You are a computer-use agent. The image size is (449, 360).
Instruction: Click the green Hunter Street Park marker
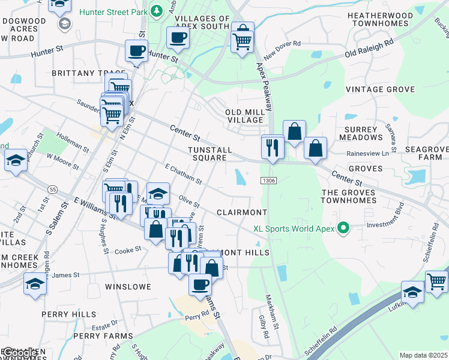click(157, 11)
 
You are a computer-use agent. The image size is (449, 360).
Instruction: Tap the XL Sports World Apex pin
click(343, 228)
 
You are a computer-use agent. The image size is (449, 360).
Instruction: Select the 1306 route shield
click(268, 180)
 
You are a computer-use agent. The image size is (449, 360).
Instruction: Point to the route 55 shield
click(53, 190)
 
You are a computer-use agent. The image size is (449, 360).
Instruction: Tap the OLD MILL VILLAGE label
click(244, 116)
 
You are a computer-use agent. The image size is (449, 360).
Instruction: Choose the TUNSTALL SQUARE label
click(207, 153)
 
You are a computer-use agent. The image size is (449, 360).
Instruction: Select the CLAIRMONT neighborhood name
click(241, 212)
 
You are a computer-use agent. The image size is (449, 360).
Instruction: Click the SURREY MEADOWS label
click(361, 133)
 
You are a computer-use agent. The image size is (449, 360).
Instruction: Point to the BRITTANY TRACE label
click(82, 73)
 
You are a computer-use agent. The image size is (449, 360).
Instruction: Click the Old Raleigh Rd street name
click(369, 49)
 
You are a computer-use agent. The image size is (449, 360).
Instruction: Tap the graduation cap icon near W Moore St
click(16, 160)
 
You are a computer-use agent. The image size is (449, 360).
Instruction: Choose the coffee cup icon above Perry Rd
click(200, 284)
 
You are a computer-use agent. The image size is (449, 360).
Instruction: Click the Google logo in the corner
click(18, 353)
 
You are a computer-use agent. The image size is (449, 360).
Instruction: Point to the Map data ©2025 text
click(423, 355)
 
